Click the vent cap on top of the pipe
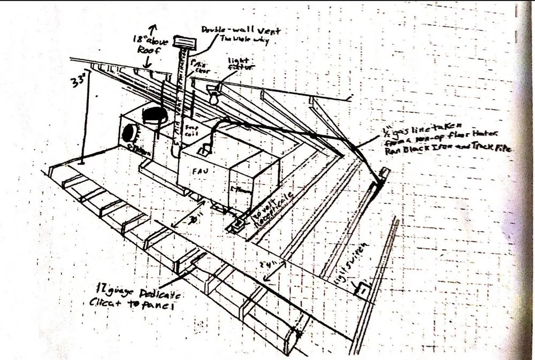[x=185, y=42]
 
